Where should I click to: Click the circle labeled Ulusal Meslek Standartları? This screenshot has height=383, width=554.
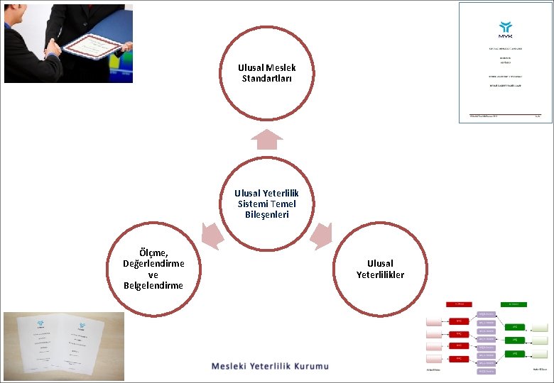(266, 73)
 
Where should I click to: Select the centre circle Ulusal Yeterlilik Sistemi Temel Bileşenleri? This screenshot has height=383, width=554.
(266, 204)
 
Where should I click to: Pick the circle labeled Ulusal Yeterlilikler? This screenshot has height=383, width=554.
(380, 269)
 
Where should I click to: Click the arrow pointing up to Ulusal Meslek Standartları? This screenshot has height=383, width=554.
(266, 139)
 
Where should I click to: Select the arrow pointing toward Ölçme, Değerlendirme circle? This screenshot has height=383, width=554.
(210, 233)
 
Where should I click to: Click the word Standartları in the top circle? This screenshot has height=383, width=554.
(266, 78)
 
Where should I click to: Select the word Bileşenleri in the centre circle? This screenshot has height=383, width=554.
(266, 214)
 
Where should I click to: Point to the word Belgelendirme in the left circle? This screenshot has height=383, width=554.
(153, 286)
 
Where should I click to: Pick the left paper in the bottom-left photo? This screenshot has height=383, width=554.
(36, 345)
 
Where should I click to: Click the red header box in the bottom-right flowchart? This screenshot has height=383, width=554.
(458, 304)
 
